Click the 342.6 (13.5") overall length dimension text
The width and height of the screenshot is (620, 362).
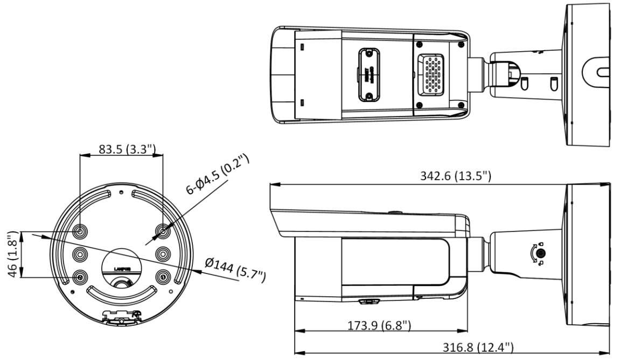[x=455, y=176]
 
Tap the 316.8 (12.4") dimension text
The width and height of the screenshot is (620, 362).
[x=478, y=346]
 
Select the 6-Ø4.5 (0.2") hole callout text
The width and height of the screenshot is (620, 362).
[x=218, y=174]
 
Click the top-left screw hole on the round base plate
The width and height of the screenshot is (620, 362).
[x=80, y=231]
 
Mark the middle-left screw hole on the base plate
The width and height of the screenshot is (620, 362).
[x=80, y=254]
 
